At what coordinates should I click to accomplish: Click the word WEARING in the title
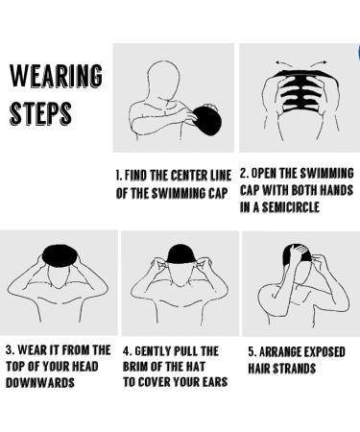56,76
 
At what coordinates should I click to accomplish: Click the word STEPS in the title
40,113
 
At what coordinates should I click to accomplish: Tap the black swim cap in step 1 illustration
207,120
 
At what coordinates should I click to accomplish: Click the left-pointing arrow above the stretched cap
283,63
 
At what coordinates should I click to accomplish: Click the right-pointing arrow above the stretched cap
320,63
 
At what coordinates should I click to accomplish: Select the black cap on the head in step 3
60,255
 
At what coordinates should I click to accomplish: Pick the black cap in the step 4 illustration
180,254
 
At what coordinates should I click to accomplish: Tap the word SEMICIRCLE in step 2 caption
290,207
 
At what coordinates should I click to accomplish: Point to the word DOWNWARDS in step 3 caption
40,383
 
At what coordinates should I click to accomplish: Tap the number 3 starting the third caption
10,349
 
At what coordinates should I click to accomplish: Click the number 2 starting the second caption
244,173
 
